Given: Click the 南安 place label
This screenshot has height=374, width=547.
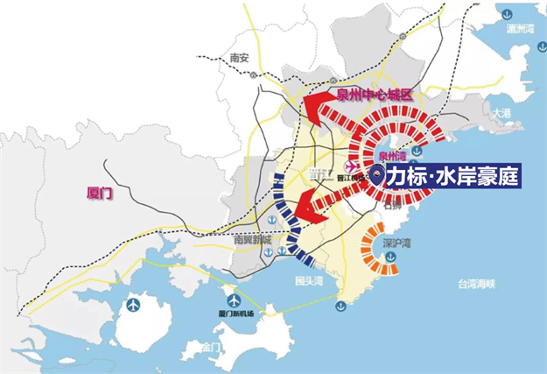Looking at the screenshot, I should click(239, 58).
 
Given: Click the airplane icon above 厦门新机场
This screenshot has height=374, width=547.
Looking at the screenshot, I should click(233, 296).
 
